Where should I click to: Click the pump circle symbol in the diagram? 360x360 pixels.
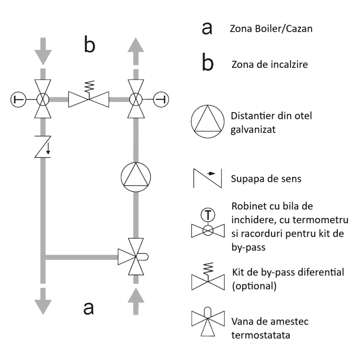pyautogui.click(x=137, y=176)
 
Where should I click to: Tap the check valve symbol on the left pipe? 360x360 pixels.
pyautogui.click(x=43, y=146)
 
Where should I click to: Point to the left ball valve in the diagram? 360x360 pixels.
pyautogui.click(x=43, y=98)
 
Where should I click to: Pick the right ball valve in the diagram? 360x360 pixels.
pyautogui.click(x=137, y=98)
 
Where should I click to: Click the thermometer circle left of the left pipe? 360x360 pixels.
pyautogui.click(x=18, y=98)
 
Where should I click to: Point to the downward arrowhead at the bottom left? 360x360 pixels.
pyautogui.click(x=43, y=305)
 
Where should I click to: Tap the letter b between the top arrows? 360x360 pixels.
pyautogui.click(x=89, y=45)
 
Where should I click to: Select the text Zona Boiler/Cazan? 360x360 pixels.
pyautogui.click(x=271, y=29)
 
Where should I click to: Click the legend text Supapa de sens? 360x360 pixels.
pyautogui.click(x=266, y=179)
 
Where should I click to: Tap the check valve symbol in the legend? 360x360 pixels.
pyautogui.click(x=208, y=178)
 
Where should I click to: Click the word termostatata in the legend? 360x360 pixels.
pyautogui.click(x=261, y=335)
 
